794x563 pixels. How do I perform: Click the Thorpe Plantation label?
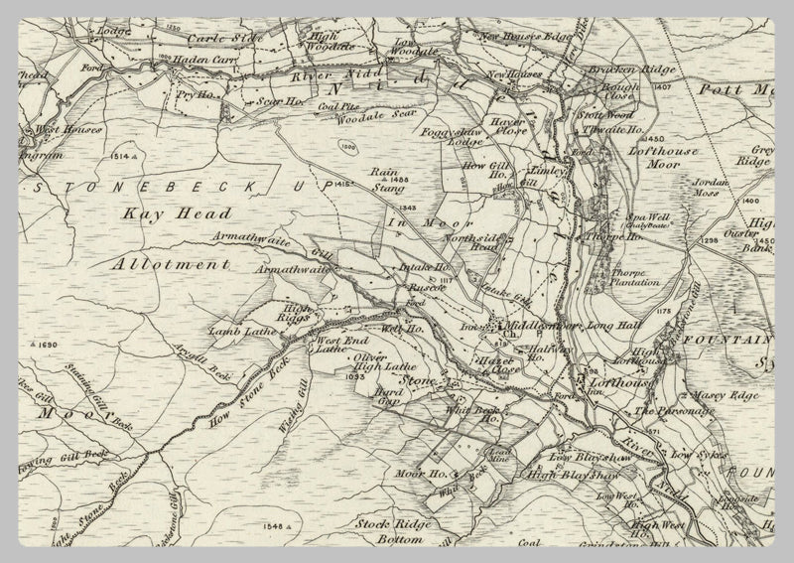coord(630,275)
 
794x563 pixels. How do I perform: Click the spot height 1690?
coord(46,344)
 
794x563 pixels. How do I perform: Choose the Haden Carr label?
coord(200,59)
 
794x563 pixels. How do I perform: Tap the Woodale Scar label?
coord(334,121)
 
